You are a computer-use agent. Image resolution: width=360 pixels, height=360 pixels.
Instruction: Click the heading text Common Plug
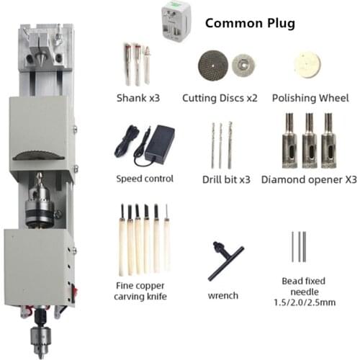pos(250,22)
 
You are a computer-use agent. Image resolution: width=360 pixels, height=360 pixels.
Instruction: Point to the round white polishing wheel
pos(305,63)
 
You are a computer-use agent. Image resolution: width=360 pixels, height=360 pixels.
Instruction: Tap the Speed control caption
pos(145,179)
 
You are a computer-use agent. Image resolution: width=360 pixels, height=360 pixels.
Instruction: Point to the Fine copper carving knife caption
pos(141,290)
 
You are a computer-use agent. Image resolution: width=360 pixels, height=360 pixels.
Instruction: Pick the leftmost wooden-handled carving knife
pos(121,241)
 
